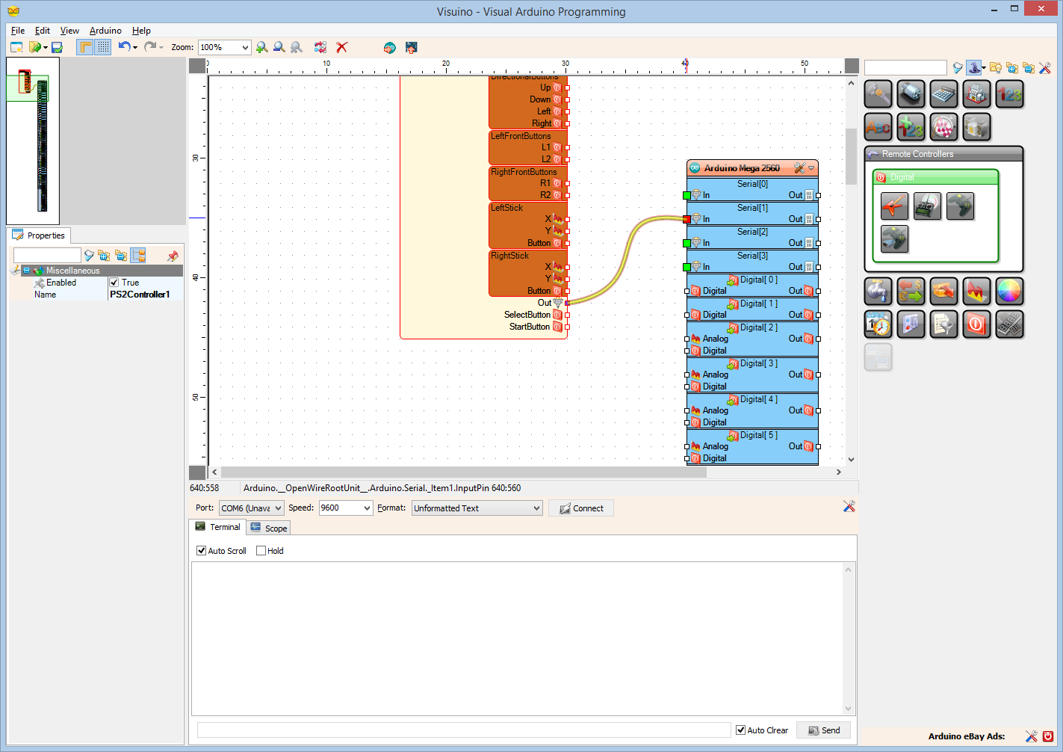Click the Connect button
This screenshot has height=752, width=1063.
coord(581,508)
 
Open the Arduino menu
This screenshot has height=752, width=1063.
coord(105,31)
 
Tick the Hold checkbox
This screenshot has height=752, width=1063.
coord(261,551)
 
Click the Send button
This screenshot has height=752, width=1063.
coord(823,730)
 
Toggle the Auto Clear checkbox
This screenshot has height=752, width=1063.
coord(741,730)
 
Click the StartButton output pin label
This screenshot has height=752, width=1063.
coord(529,327)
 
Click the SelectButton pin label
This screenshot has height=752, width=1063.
coord(527,315)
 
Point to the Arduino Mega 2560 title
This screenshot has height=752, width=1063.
coord(741,168)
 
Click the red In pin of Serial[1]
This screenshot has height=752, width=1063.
coord(687,219)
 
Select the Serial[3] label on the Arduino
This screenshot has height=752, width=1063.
coord(752,256)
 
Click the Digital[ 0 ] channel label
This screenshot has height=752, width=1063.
coord(758,280)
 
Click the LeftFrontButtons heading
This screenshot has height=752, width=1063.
coord(521,136)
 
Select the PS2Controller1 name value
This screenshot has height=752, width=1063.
coord(140,295)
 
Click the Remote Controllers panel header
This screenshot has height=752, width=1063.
coord(917,154)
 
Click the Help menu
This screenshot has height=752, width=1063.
coord(141,31)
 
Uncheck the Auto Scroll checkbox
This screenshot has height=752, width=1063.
coord(202,551)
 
